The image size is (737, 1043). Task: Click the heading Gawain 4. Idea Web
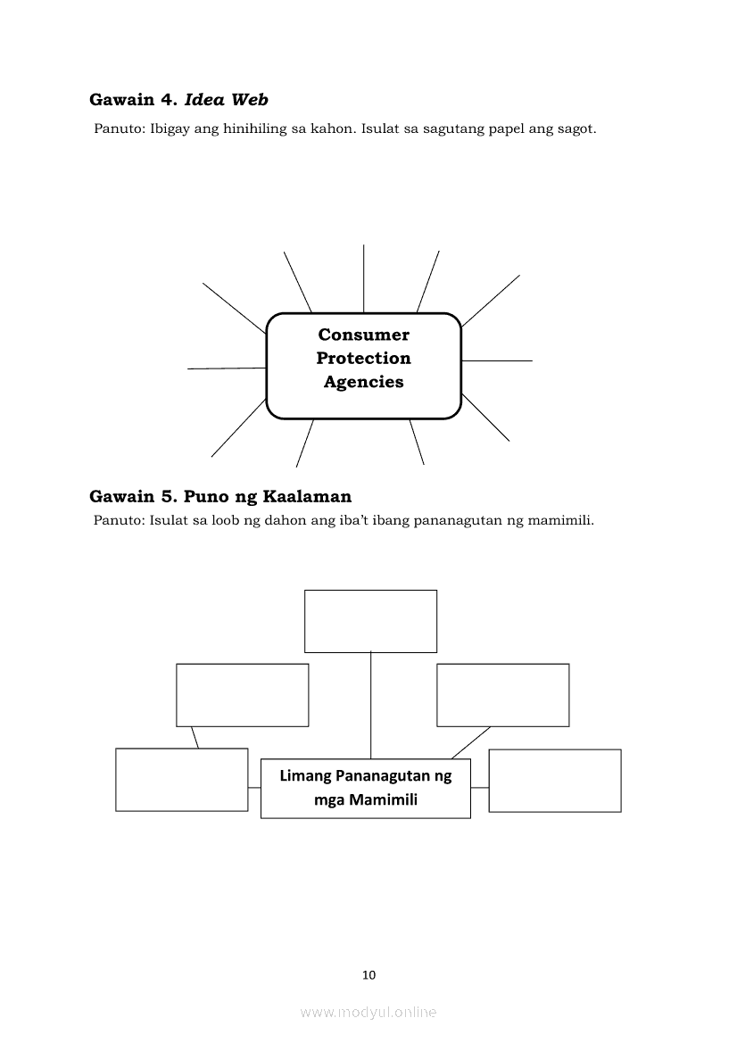tap(178, 100)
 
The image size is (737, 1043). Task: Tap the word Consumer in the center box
tap(363, 335)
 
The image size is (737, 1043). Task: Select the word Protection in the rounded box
tap(363, 358)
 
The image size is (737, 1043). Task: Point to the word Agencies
tap(363, 382)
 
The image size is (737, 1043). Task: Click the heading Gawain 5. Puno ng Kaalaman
tap(220, 496)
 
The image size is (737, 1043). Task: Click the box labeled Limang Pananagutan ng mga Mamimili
tap(365, 788)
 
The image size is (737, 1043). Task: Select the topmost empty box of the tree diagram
tap(370, 621)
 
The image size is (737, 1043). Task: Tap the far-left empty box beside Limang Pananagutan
tap(181, 779)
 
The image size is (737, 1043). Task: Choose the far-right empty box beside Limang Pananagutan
tap(554, 780)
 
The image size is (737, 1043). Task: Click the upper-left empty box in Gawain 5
tap(242, 694)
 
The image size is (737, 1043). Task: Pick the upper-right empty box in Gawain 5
tap(502, 694)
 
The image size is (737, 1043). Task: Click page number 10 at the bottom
tap(369, 974)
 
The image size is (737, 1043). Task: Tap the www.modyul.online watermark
tap(368, 1012)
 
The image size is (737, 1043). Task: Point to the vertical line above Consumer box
tap(363, 278)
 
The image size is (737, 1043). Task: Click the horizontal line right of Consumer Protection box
tap(497, 360)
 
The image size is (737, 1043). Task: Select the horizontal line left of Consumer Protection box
tap(227, 368)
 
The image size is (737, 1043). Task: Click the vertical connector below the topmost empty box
tap(370, 705)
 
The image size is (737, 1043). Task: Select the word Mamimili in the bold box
tap(384, 799)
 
